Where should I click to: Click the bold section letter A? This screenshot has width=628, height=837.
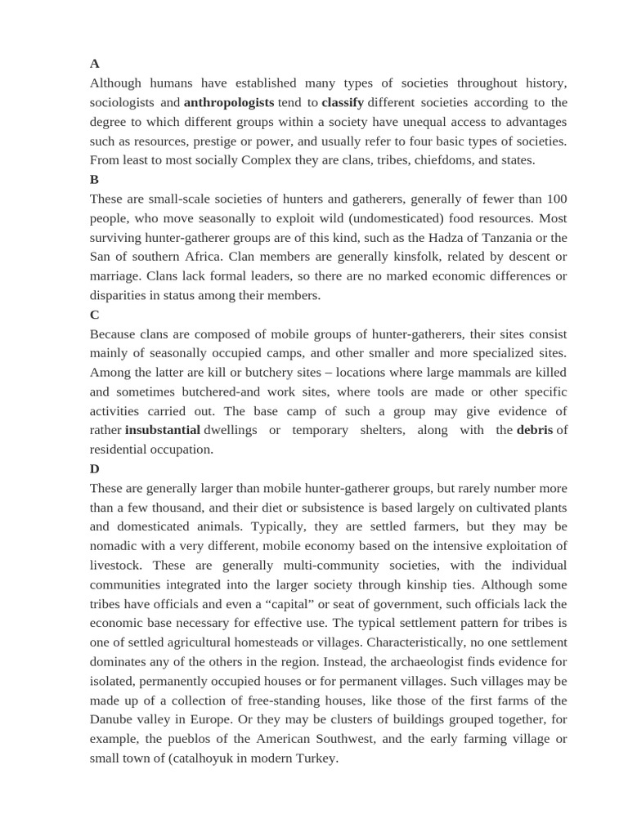click(x=95, y=64)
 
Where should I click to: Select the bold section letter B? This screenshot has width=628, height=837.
click(x=95, y=180)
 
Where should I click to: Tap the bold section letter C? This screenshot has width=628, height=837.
click(x=95, y=315)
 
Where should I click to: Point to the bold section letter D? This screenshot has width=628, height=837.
click(x=95, y=469)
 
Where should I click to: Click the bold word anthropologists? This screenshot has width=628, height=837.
click(x=229, y=103)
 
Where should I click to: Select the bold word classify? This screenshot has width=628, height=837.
click(x=343, y=103)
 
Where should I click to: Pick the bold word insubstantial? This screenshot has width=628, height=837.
click(x=163, y=430)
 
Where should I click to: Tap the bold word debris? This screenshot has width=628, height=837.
click(x=535, y=430)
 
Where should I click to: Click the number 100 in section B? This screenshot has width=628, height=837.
click(x=556, y=199)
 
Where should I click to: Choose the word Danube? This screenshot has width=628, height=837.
click(x=113, y=720)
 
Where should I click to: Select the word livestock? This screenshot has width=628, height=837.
click(x=115, y=566)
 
